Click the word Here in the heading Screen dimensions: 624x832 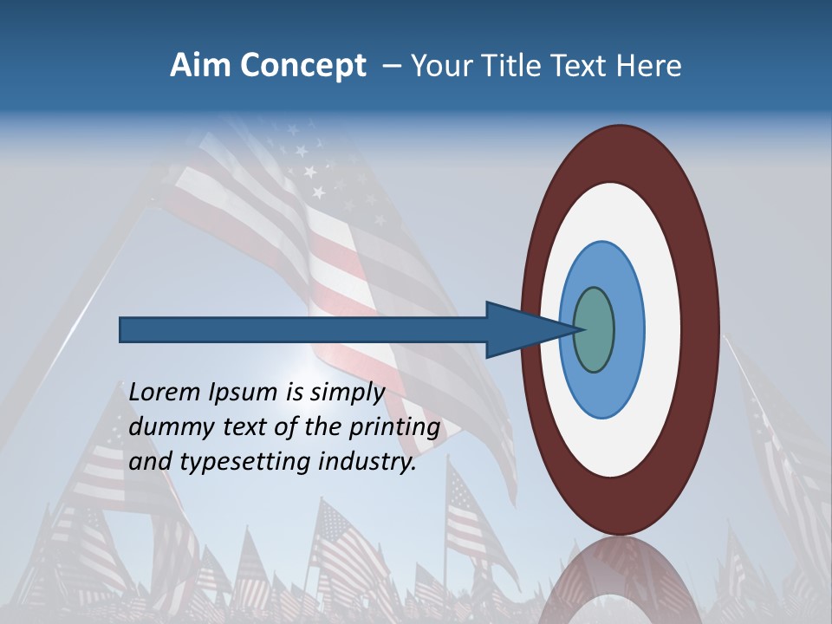click(649, 66)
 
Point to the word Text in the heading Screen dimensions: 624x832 click(575, 66)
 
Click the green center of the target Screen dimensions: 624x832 click(595, 329)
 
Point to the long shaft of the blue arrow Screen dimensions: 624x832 click(303, 329)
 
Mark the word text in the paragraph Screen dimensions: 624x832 click(259, 427)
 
